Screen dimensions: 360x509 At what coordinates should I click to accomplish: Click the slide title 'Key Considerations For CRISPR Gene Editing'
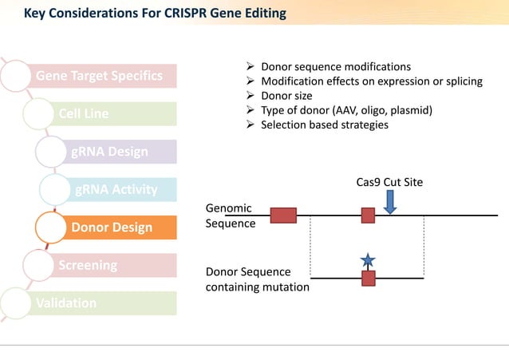155,14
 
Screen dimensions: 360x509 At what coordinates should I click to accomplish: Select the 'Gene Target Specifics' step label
99,76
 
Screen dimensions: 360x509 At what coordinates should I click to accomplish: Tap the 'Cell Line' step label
84,113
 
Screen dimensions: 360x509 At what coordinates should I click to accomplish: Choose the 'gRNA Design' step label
109,152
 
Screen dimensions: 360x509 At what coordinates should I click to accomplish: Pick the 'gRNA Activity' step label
116,189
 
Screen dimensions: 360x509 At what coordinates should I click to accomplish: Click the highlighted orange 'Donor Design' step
112,227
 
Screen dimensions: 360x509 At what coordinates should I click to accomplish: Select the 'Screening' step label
88,264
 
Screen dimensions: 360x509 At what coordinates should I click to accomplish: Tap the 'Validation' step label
66,303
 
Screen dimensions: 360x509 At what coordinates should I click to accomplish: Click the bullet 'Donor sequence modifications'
336,66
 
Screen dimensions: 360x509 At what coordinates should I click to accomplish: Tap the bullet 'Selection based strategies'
325,125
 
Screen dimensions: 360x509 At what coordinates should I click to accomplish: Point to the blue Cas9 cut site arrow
389,203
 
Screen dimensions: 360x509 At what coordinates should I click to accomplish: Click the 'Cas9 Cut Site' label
389,182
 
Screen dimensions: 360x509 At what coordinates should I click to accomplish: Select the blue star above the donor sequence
367,260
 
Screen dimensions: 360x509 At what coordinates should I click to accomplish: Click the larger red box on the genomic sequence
283,216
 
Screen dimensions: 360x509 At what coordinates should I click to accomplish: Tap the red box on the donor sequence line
368,278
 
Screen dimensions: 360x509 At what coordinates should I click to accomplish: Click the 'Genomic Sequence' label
231,216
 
